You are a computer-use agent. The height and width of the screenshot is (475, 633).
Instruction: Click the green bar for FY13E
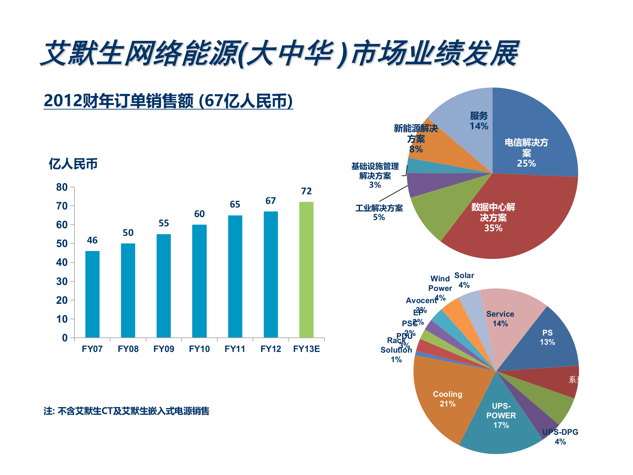pyautogui.click(x=306, y=270)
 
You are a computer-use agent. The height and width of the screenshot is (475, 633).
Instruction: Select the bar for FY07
pyautogui.click(x=92, y=294)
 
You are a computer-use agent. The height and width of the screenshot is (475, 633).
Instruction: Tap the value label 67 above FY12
pyautogui.click(x=270, y=201)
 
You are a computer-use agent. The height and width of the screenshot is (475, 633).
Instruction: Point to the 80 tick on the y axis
pyautogui.click(x=62, y=187)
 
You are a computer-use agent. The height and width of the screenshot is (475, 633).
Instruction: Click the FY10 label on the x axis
pyautogui.click(x=199, y=349)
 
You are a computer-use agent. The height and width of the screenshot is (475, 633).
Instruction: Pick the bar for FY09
pyautogui.click(x=164, y=286)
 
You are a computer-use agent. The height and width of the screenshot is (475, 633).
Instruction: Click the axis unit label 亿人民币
pyautogui.click(x=73, y=164)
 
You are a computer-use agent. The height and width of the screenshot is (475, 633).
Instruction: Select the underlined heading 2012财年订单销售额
pyautogui.click(x=168, y=101)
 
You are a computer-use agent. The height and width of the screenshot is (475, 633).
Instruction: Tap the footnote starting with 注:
pyautogui.click(x=126, y=411)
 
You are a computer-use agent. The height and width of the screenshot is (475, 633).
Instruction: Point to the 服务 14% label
pyautogui.click(x=479, y=121)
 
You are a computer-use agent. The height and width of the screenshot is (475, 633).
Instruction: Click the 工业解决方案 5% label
pyautogui.click(x=379, y=212)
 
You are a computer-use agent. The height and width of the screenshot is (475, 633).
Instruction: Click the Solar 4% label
pyautogui.click(x=464, y=280)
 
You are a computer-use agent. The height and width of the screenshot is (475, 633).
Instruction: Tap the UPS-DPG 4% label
pyautogui.click(x=560, y=436)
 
